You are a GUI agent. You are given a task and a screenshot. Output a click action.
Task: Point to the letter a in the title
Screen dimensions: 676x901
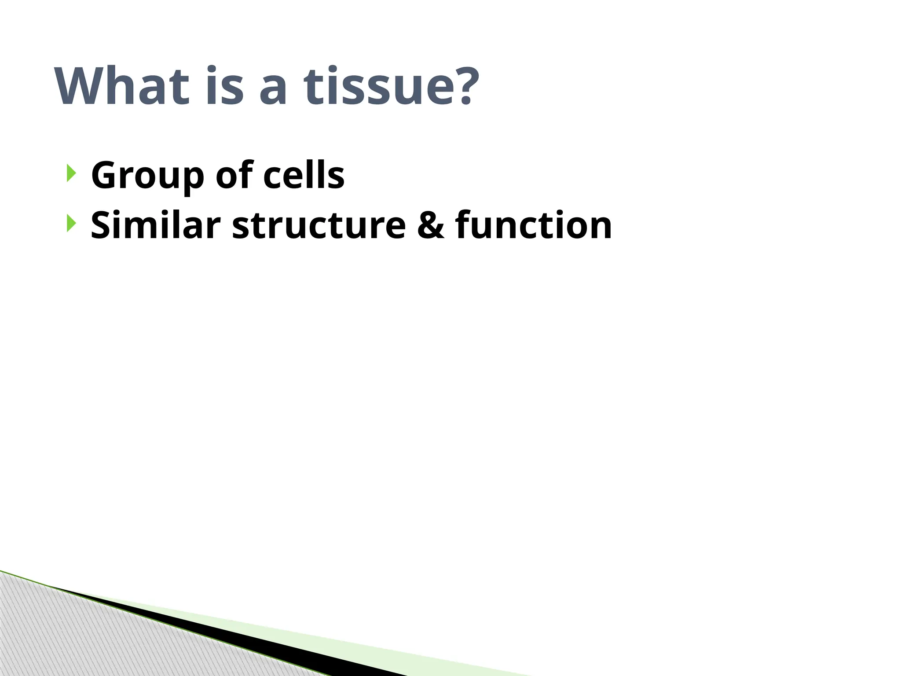pyautogui.click(x=273, y=90)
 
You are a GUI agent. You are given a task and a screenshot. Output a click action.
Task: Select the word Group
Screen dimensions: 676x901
pyautogui.click(x=148, y=176)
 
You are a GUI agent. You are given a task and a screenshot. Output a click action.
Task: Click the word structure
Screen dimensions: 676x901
pyautogui.click(x=319, y=226)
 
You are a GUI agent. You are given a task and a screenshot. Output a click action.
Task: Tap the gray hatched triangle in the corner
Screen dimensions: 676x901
pyautogui.click(x=66, y=638)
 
